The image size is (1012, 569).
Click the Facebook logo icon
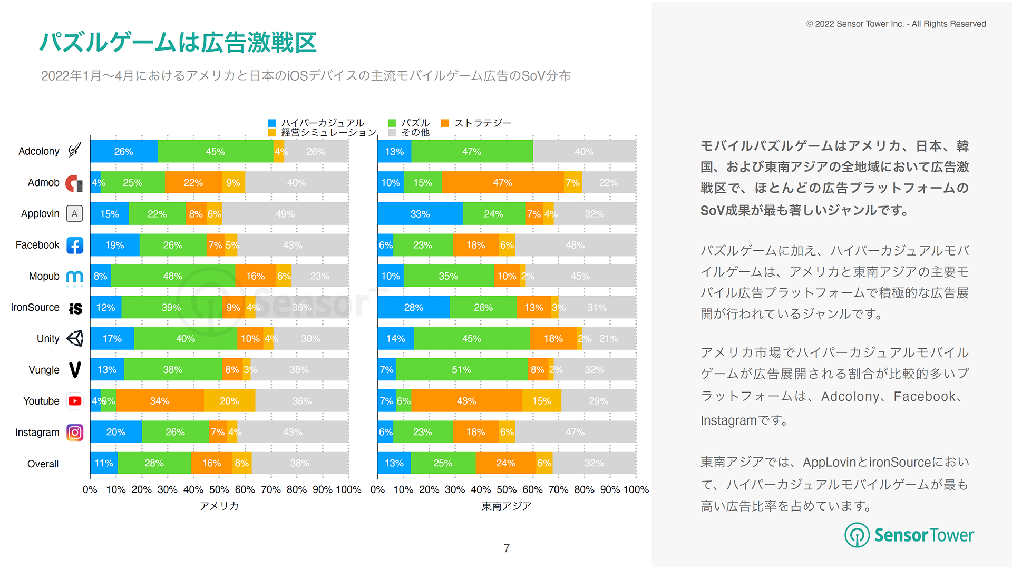coord(75,246)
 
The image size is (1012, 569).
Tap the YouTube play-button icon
coord(75,401)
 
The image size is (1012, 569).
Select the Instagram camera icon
coord(75,433)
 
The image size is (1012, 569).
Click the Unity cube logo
coord(75,339)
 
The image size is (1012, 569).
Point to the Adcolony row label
coord(38,151)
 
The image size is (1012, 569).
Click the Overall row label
coord(43,464)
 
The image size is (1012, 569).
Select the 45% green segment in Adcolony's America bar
coord(215,152)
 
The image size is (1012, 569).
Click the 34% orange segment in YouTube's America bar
coord(160,401)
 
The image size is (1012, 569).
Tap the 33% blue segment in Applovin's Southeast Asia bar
coord(420,214)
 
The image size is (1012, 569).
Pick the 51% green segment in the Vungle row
coord(461,370)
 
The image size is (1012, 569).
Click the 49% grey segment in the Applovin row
coord(285,214)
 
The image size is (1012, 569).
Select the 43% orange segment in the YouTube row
coord(466,401)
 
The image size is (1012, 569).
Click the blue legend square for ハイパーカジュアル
coord(272,123)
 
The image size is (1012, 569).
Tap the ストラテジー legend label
coord(483,123)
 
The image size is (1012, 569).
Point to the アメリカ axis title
coord(219,506)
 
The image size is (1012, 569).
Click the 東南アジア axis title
coord(507,506)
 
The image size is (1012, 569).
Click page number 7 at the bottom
coord(507,548)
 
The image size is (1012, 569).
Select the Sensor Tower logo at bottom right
coord(909,535)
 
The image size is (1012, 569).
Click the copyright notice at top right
coord(896,24)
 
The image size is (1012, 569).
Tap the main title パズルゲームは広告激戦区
coord(178,42)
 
